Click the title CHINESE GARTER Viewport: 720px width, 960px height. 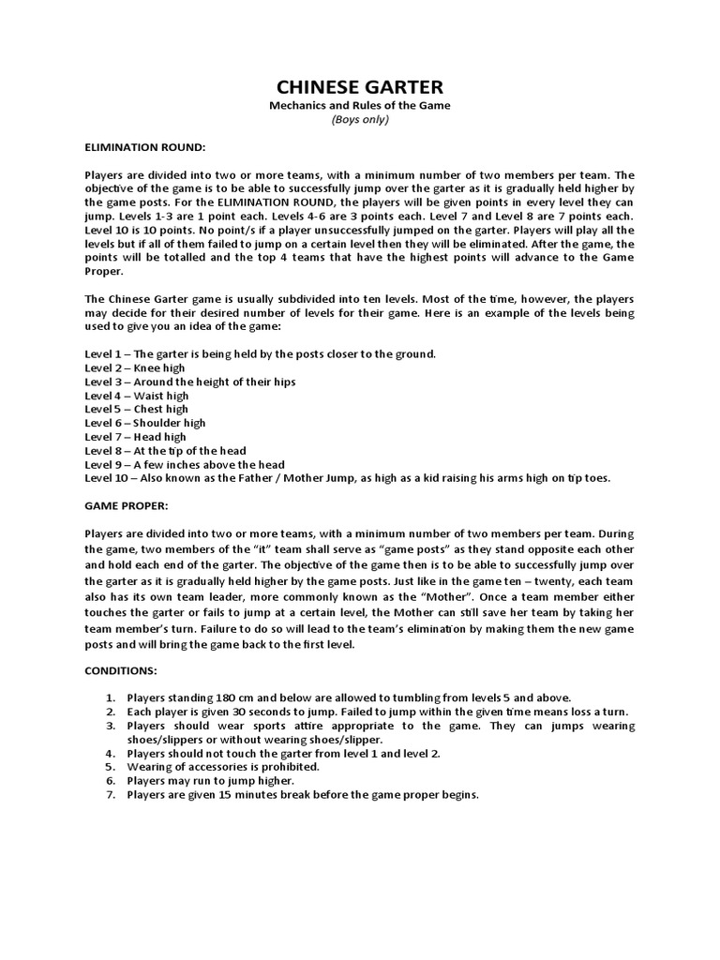pos(360,86)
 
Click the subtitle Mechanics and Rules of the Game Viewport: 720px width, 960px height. pos(360,106)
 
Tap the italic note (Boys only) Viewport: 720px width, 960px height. pos(360,120)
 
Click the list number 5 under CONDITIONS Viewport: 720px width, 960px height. pos(110,767)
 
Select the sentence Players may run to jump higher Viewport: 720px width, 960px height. pos(212,781)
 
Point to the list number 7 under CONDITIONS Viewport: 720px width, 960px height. pos(110,795)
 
